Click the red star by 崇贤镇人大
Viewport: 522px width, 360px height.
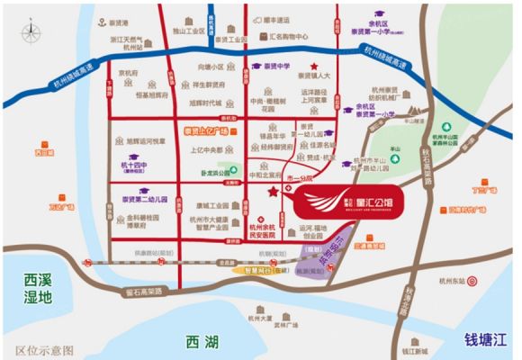pyautogui.click(x=313, y=66)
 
